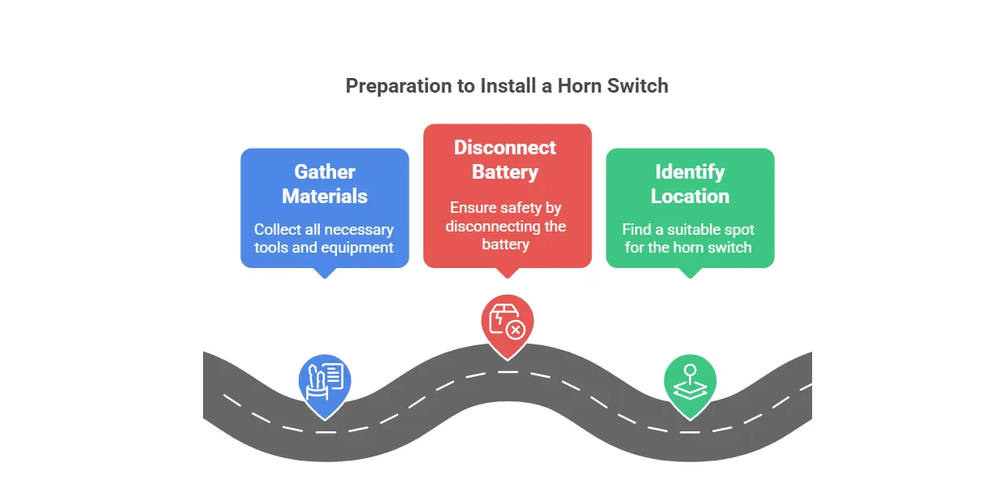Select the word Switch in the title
point(638,86)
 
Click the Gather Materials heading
point(325,184)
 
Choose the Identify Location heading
point(690,184)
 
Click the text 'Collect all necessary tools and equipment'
point(324,239)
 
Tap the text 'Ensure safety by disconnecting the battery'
point(506,226)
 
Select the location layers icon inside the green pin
point(690,382)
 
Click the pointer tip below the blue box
point(325,275)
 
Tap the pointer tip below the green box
point(690,275)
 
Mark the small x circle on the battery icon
point(515,330)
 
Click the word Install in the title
point(511,86)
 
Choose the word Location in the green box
point(690,197)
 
